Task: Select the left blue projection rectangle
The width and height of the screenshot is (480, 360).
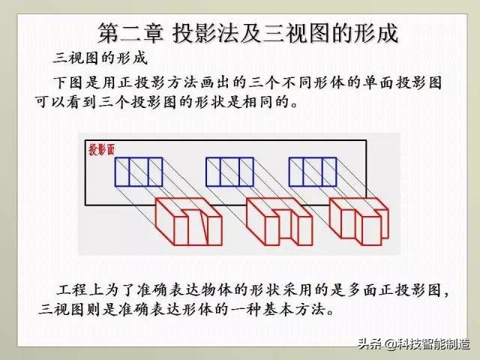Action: point(139,172)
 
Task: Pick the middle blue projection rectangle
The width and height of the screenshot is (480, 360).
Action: point(230,172)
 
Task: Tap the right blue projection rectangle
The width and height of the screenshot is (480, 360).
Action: point(313,172)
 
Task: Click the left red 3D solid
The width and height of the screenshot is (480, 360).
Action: point(188,220)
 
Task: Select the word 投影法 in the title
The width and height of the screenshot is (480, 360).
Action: point(202,33)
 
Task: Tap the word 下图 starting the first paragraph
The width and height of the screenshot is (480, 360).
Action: point(67,81)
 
